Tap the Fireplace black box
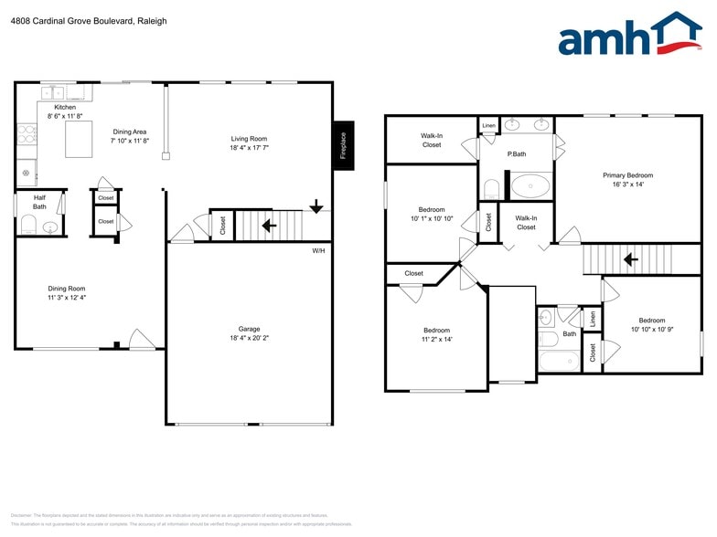(x=343, y=145)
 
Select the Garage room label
(x=249, y=329)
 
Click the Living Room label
(x=249, y=138)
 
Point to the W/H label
(x=318, y=250)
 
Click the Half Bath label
(x=39, y=202)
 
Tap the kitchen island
(x=79, y=139)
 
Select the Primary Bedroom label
(x=627, y=174)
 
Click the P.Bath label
(x=517, y=153)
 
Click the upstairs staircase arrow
(x=630, y=259)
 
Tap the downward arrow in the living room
(x=316, y=206)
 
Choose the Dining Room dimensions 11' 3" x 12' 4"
(x=67, y=298)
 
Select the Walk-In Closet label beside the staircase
(x=526, y=222)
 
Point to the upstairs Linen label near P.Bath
(x=489, y=125)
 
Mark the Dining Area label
(x=129, y=132)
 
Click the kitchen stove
(x=27, y=136)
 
